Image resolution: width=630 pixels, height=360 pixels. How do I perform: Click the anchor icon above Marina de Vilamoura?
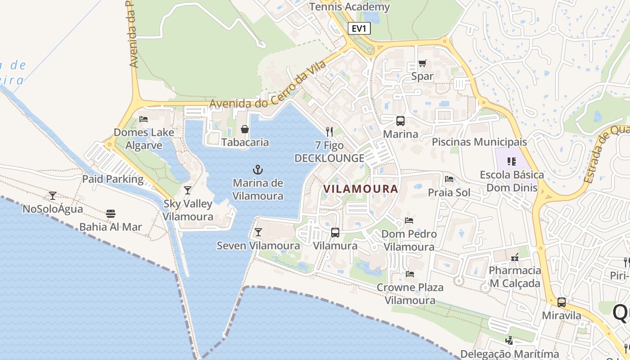pyautogui.click(x=258, y=170)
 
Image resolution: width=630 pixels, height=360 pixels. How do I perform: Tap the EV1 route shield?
pyautogui.click(x=359, y=29)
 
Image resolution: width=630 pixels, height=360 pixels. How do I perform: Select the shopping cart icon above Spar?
pyautogui.click(x=422, y=63)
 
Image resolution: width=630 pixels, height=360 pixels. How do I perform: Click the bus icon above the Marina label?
pyautogui.click(x=400, y=121)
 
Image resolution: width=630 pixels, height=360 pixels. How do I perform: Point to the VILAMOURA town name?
pyautogui.click(x=361, y=189)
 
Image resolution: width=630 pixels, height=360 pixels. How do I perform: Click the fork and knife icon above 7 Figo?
pyautogui.click(x=329, y=132)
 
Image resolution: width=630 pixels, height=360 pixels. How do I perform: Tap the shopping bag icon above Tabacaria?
pyautogui.click(x=245, y=129)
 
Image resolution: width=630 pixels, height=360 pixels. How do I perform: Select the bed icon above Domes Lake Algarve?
pyautogui.click(x=144, y=119)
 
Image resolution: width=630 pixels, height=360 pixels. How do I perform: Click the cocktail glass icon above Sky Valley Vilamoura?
pyautogui.click(x=188, y=190)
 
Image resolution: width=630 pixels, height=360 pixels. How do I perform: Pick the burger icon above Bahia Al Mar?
pyautogui.click(x=111, y=213)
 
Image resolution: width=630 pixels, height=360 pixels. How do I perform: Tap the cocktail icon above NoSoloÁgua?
pyautogui.click(x=53, y=196)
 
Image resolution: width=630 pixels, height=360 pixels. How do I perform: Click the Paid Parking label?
pyautogui.click(x=112, y=179)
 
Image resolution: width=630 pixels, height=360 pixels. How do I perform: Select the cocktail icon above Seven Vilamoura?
pyautogui.click(x=258, y=232)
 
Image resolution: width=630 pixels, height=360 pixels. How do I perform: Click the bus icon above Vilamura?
pyautogui.click(x=335, y=233)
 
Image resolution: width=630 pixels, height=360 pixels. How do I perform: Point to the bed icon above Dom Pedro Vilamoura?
pyautogui.click(x=409, y=220)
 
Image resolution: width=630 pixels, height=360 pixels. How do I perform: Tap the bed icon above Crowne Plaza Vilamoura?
pyautogui.click(x=410, y=274)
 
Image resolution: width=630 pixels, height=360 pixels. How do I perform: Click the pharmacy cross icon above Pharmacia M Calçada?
pyautogui.click(x=515, y=257)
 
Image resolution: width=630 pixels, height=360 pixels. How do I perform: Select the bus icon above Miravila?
pyautogui.click(x=562, y=302)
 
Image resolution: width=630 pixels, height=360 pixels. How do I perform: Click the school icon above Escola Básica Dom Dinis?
pyautogui.click(x=511, y=161)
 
